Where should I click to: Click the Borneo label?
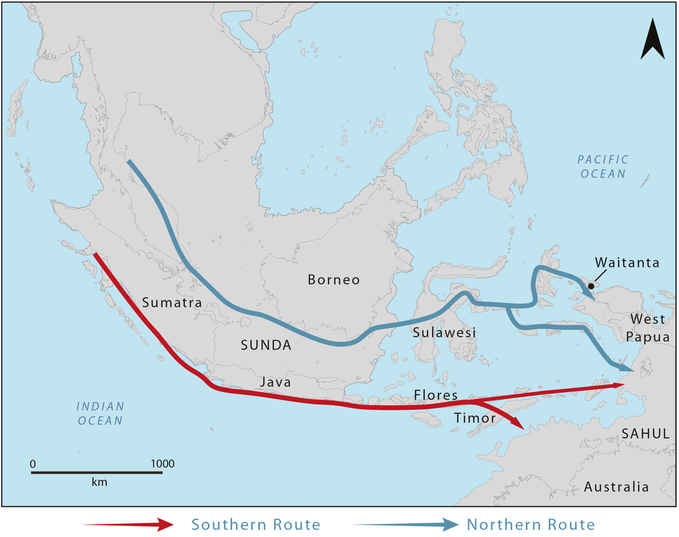[333, 280]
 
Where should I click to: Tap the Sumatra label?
[172, 302]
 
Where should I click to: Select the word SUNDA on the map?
[266, 345]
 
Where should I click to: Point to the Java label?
[276, 382]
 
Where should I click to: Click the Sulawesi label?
[444, 333]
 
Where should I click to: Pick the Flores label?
[436, 395]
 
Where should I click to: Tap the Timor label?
[475, 418]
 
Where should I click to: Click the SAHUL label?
[645, 434]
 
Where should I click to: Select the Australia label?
[616, 487]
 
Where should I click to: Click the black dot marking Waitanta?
[591, 286]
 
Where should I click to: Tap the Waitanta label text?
[627, 263]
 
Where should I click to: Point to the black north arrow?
[653, 41]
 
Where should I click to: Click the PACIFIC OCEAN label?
[603, 167]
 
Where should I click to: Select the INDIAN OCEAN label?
[100, 414]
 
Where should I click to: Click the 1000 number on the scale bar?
[163, 464]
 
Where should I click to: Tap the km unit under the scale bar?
[100, 482]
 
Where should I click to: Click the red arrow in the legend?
[128, 524]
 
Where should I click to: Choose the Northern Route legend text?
[531, 524]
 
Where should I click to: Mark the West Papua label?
[648, 328]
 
